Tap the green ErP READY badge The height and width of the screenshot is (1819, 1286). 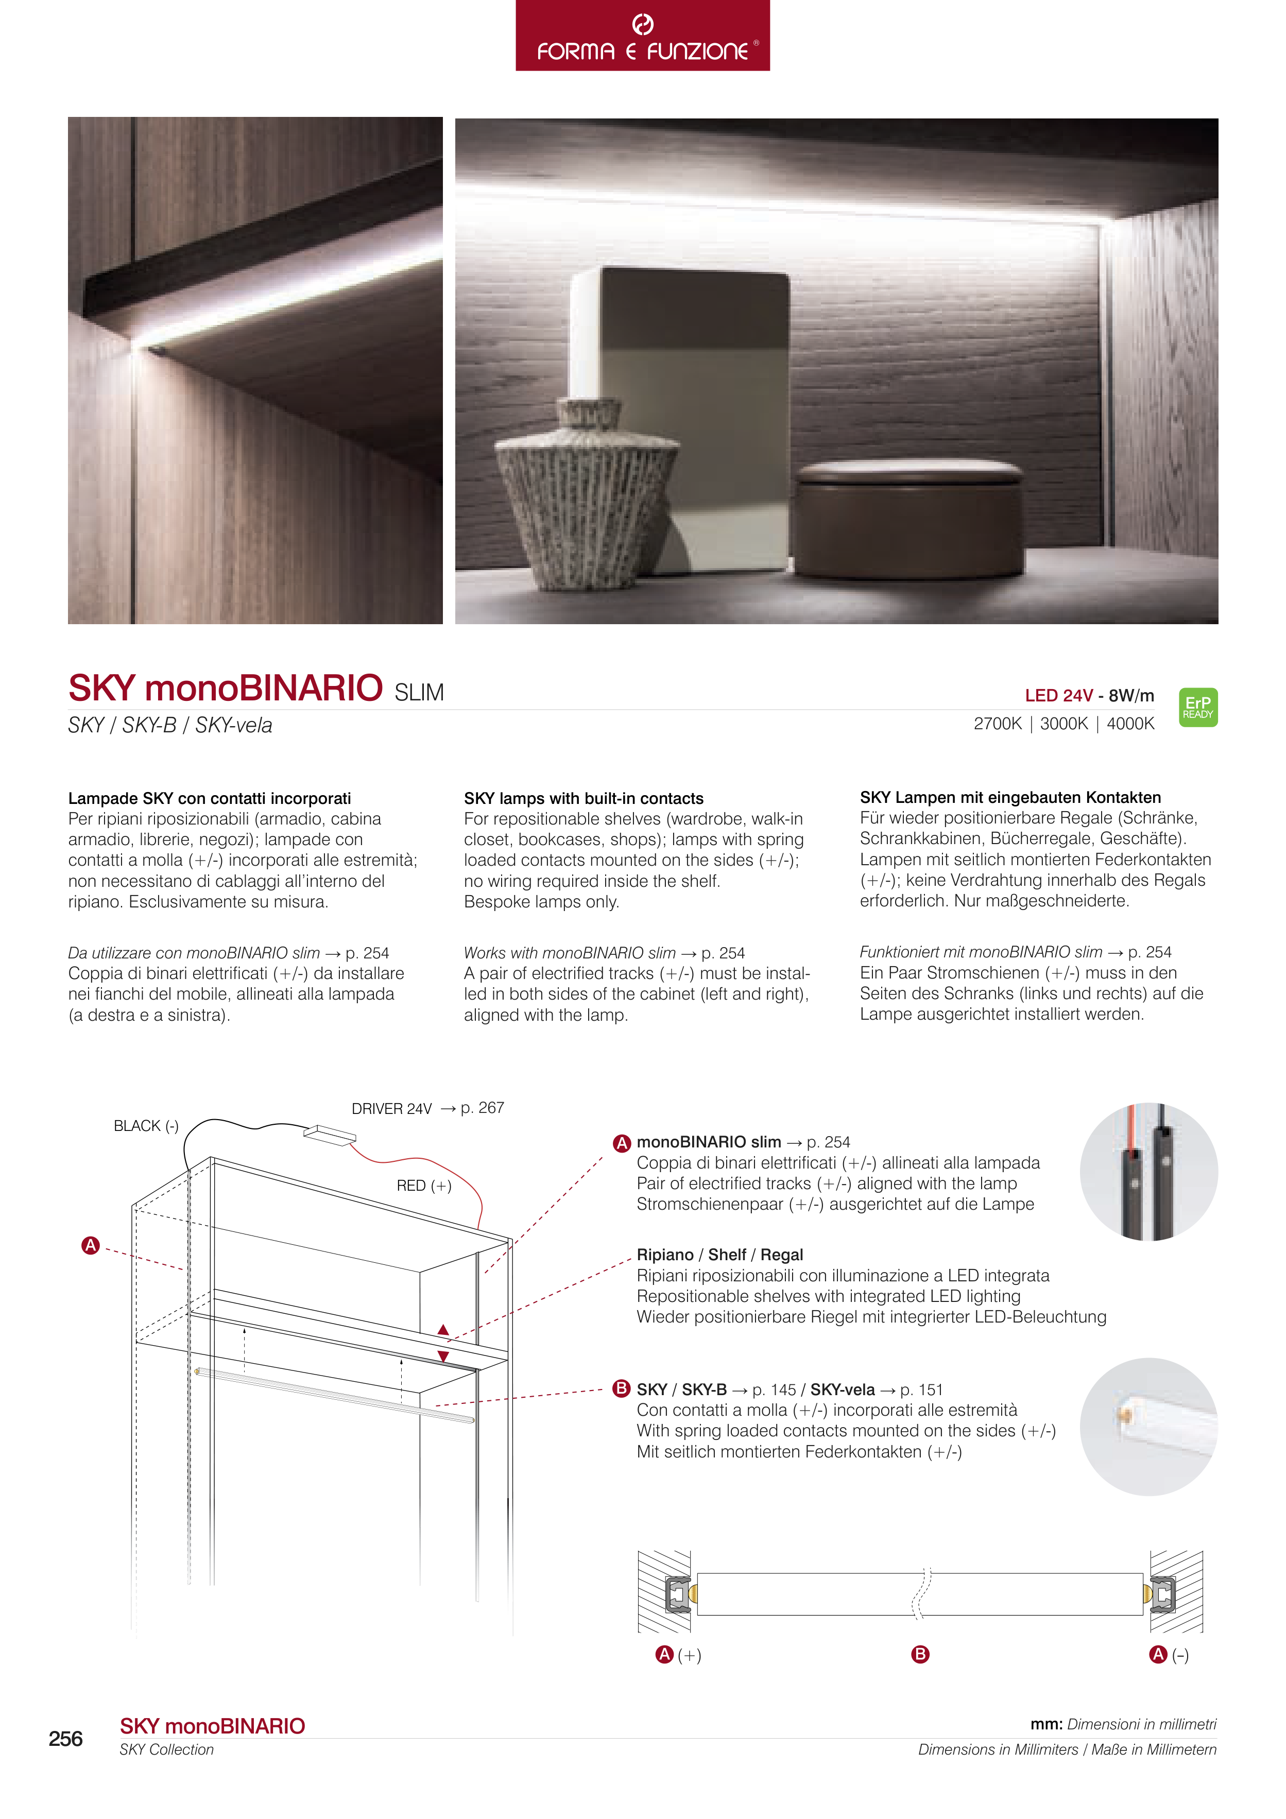(x=1197, y=707)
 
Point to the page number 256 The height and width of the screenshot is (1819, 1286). (x=66, y=1738)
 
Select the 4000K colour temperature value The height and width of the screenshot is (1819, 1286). (x=1130, y=723)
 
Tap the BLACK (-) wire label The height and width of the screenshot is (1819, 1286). (x=146, y=1126)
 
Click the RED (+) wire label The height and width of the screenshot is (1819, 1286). (x=424, y=1185)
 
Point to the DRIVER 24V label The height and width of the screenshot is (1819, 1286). (x=391, y=1108)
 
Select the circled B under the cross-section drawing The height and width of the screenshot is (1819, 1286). (x=920, y=1654)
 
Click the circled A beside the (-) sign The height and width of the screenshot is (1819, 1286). (x=1158, y=1654)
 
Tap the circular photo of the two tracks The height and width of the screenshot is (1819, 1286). (x=1148, y=1172)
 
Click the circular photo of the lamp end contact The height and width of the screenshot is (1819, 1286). (x=1148, y=1426)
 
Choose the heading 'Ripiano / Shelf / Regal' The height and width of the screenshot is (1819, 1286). (x=719, y=1254)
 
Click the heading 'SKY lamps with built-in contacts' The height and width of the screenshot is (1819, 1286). (x=583, y=798)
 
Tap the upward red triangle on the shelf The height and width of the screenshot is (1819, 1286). (x=444, y=1330)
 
